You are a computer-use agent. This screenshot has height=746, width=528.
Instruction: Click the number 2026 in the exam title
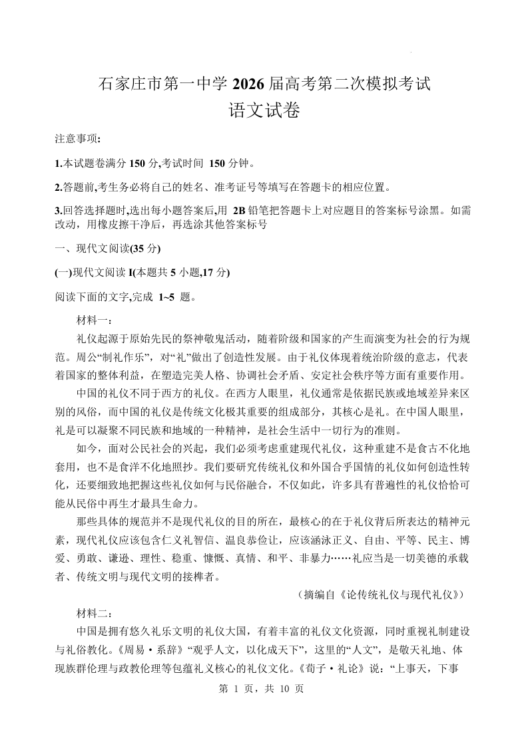246,84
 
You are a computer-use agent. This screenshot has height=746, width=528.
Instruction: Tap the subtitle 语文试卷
264,110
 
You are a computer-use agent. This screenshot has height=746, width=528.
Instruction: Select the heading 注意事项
78,139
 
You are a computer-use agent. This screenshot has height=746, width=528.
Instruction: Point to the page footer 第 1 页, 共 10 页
264,689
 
